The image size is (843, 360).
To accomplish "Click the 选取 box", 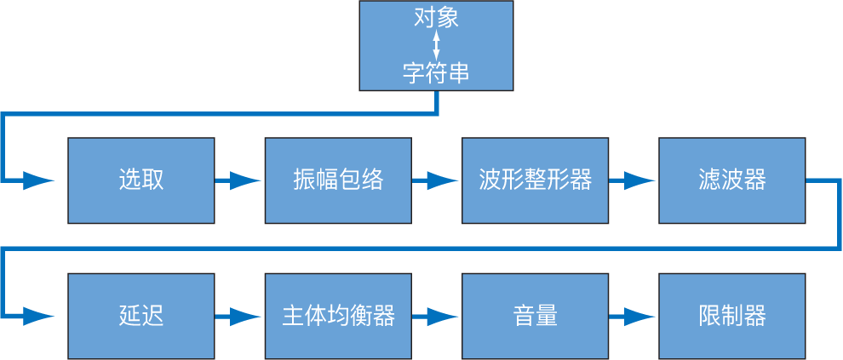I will click(140, 180).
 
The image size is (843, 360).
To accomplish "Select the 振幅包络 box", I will click(338, 180).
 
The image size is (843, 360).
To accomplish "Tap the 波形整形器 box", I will click(535, 180).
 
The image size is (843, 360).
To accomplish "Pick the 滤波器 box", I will click(731, 180).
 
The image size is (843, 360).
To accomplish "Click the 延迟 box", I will click(140, 316).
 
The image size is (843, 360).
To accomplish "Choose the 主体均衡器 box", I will click(338, 316).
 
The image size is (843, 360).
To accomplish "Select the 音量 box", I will click(535, 316).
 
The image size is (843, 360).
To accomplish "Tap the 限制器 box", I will click(731, 316).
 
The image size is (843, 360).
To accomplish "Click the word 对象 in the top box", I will click(436, 18).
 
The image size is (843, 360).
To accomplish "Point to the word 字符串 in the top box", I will click(436, 73).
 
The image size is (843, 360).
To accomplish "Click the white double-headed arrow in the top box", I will click(436, 45).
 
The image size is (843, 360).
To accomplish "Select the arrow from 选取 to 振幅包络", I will click(239, 180).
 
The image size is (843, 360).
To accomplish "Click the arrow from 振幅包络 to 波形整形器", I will click(436, 180).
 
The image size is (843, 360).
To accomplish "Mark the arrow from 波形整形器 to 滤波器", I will click(633, 180).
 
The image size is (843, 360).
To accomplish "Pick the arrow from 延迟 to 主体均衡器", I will click(239, 316).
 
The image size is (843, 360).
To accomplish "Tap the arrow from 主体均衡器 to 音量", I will click(436, 316).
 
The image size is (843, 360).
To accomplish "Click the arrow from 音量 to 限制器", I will click(633, 316).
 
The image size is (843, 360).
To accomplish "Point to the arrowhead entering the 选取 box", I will click(39, 180).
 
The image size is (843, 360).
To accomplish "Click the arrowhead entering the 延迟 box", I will click(39, 316).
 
